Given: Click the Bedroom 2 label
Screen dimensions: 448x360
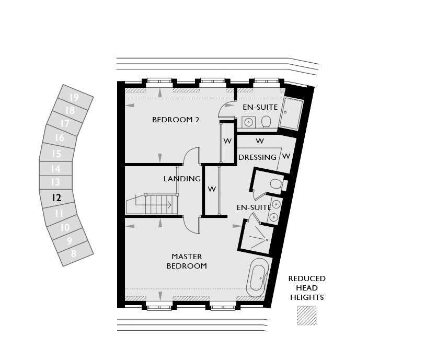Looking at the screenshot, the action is tap(176, 120).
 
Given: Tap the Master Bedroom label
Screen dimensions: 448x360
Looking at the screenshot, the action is tap(187, 261).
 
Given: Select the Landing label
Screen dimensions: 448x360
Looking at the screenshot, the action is tap(182, 179).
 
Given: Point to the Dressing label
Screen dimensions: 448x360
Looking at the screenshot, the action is tap(257, 157).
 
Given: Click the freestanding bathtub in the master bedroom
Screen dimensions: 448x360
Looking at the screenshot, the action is tap(257, 278).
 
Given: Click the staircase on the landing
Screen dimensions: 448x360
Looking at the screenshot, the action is tap(152, 204).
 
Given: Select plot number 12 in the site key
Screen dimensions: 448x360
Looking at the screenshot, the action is tap(56, 198).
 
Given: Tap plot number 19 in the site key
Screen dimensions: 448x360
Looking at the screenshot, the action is tap(74, 97).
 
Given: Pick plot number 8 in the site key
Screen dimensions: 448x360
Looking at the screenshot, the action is tap(74, 253).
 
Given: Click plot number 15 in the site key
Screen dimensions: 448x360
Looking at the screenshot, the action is tap(56, 154).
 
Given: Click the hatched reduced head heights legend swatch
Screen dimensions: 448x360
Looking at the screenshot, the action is tap(306, 316).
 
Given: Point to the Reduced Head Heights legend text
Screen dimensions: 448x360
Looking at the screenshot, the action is tap(307, 288).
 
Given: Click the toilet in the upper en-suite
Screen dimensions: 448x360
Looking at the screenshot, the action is tap(266, 122).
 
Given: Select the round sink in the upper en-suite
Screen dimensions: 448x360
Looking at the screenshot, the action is tap(249, 122).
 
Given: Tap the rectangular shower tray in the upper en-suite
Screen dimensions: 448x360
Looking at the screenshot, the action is tap(291, 113).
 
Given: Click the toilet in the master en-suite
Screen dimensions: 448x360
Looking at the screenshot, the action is tap(276, 184).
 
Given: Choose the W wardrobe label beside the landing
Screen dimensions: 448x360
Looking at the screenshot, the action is tap(212, 189).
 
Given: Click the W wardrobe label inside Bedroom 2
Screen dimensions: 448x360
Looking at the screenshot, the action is tap(227, 141).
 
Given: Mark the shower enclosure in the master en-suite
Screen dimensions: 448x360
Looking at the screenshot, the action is tap(257, 236).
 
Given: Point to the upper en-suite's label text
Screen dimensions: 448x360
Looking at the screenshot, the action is tap(260, 107).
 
